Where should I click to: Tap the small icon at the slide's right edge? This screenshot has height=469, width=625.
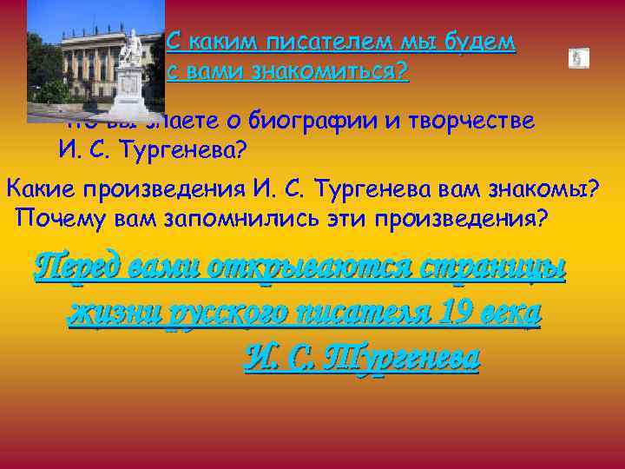pos(578,58)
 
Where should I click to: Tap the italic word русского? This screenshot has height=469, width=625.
pos(214,312)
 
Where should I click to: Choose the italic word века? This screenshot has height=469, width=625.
pos(512,312)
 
